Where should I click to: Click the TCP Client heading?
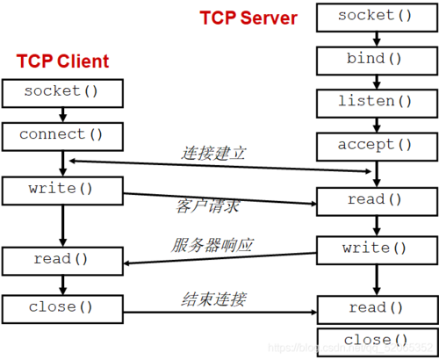62,61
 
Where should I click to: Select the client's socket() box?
59,91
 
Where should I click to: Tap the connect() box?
59,135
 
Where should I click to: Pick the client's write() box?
59,188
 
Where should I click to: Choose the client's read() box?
59,260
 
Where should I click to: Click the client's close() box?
59,307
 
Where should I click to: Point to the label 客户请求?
207,206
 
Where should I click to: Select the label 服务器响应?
212,246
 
